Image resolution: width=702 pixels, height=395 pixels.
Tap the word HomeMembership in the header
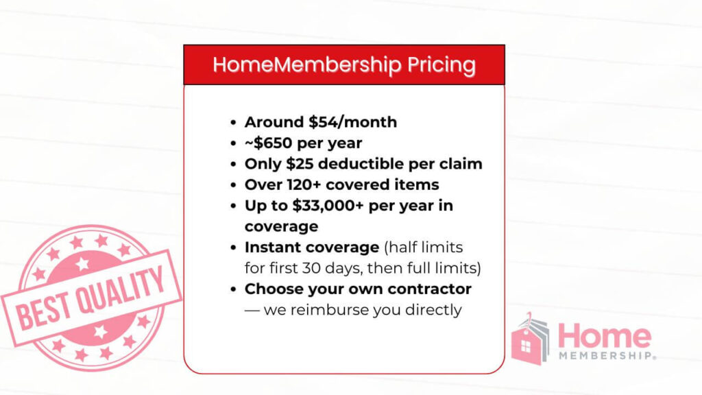[x=307, y=65]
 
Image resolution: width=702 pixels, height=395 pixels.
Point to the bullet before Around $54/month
[x=234, y=123]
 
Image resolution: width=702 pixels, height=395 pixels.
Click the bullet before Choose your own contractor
[x=234, y=289]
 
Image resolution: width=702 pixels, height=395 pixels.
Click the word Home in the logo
[x=603, y=336]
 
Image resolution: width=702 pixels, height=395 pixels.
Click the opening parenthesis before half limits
[x=384, y=247]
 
